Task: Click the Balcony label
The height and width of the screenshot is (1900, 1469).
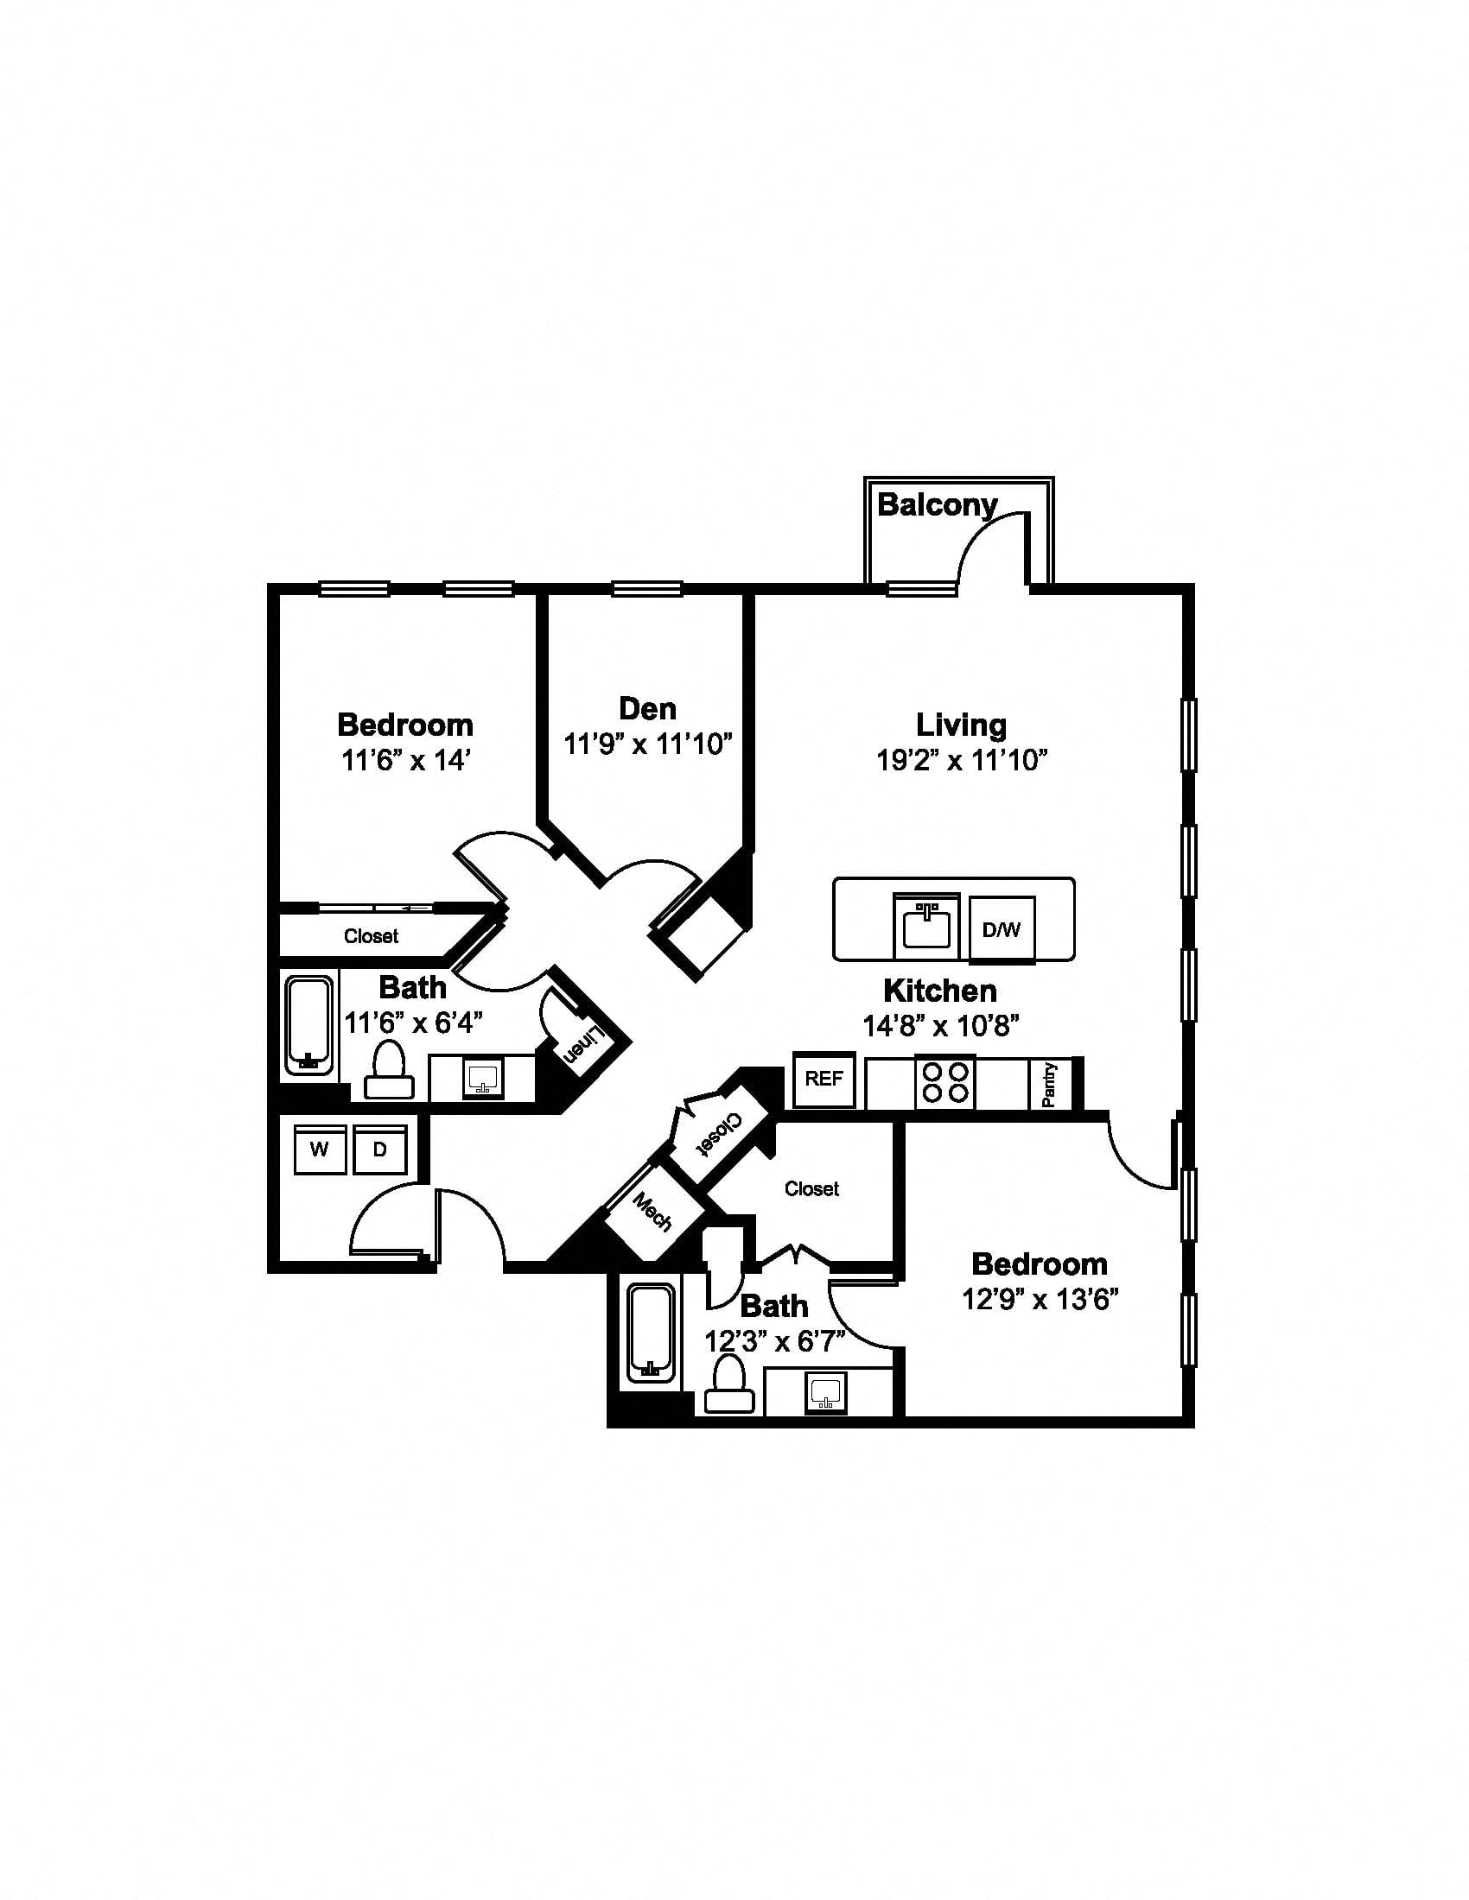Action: [937, 504]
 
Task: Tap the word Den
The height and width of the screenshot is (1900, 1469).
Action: [647, 708]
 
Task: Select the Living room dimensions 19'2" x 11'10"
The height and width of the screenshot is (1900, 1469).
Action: [961, 760]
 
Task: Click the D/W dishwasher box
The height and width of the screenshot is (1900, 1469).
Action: [1002, 929]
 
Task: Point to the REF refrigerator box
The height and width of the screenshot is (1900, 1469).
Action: [824, 1079]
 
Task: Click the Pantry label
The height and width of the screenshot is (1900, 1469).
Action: [1049, 1084]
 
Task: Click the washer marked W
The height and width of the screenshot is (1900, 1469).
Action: [320, 1149]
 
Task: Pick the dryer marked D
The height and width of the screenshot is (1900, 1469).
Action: [380, 1149]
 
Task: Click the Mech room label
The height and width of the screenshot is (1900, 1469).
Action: [652, 1211]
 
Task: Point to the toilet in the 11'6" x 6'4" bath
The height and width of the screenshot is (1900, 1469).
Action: [389, 1070]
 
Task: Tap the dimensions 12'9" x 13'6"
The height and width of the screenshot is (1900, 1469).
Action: [1040, 1300]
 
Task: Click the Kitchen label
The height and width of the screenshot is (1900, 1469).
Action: [940, 990]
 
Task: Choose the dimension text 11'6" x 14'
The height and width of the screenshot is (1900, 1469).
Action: [405, 760]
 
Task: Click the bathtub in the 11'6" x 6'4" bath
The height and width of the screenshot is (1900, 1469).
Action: [309, 1026]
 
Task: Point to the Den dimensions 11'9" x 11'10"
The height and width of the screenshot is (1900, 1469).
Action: [648, 744]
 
